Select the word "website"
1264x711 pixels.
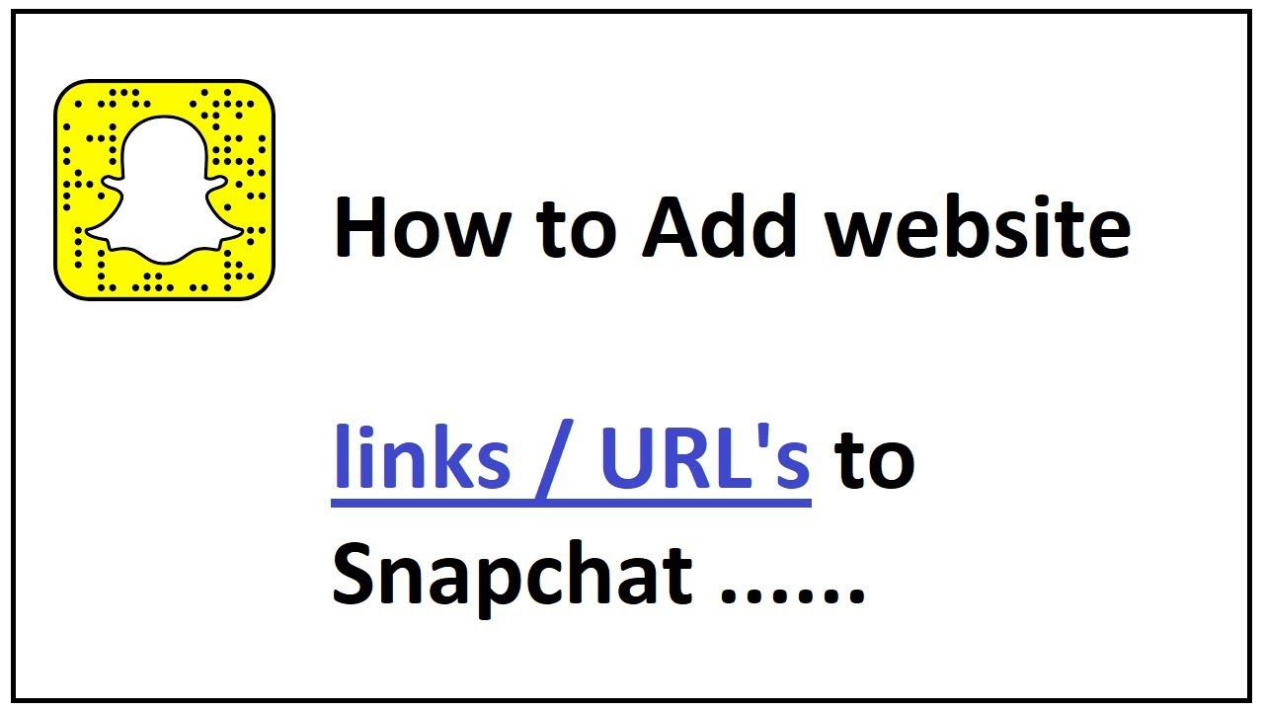979,230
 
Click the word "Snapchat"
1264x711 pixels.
512,578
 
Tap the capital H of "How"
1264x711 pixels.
361,230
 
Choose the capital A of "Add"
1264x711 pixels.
671,230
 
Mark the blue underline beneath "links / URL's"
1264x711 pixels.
571,504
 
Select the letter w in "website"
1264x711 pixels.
859,237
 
